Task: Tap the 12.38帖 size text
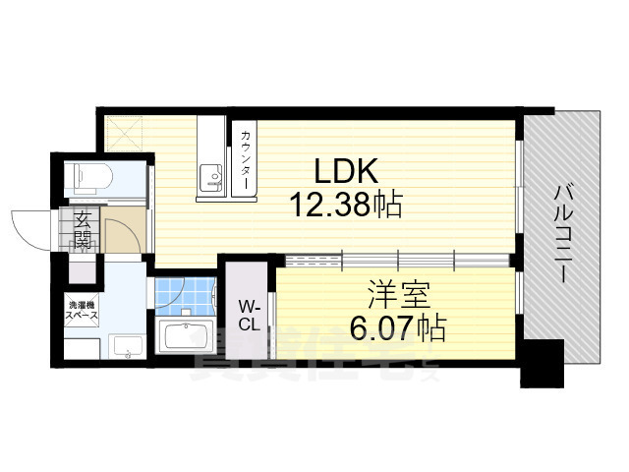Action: (x=345, y=205)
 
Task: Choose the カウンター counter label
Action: (x=244, y=160)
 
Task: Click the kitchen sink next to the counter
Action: (x=212, y=177)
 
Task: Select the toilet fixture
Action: (x=90, y=178)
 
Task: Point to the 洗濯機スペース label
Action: (x=81, y=311)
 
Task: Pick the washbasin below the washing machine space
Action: (x=126, y=347)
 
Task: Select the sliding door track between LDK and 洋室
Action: (x=393, y=260)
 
